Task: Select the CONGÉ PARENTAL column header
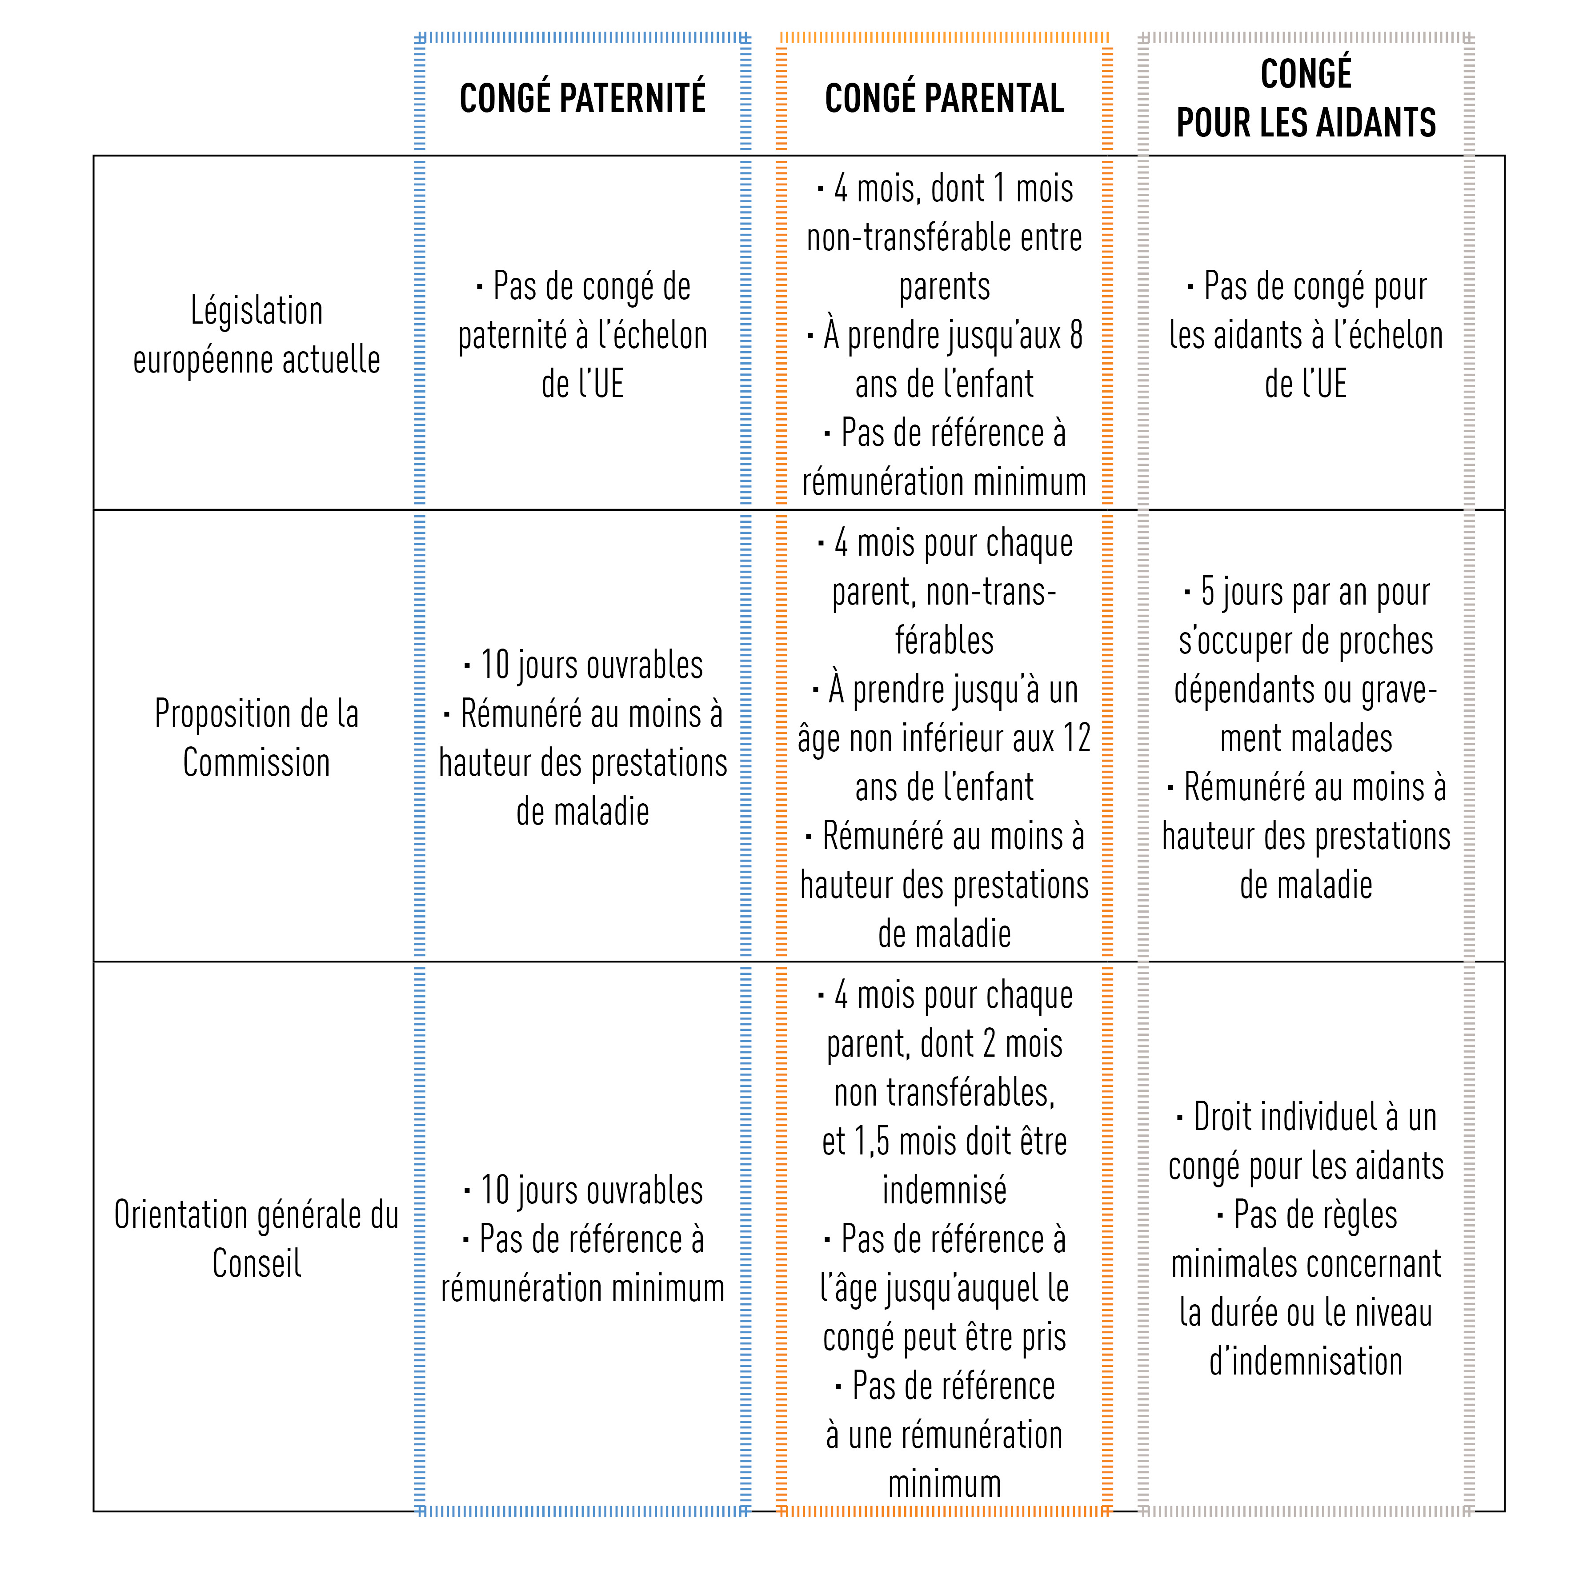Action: tap(944, 98)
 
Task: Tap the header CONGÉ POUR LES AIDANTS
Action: tap(1306, 98)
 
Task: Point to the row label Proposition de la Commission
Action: tap(257, 738)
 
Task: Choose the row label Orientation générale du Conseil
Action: tap(257, 1239)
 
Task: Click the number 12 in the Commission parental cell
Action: tap(1076, 738)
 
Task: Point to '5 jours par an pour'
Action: tap(1307, 593)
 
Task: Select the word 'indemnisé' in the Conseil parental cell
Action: tap(944, 1190)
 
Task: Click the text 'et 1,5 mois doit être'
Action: tap(944, 1141)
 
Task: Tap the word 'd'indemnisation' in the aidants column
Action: tap(1306, 1362)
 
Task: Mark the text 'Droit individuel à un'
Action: tap(1307, 1117)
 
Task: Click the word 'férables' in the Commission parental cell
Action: tap(944, 641)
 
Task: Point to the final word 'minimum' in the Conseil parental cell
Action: tap(944, 1484)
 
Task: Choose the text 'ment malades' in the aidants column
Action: tap(1306, 738)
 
